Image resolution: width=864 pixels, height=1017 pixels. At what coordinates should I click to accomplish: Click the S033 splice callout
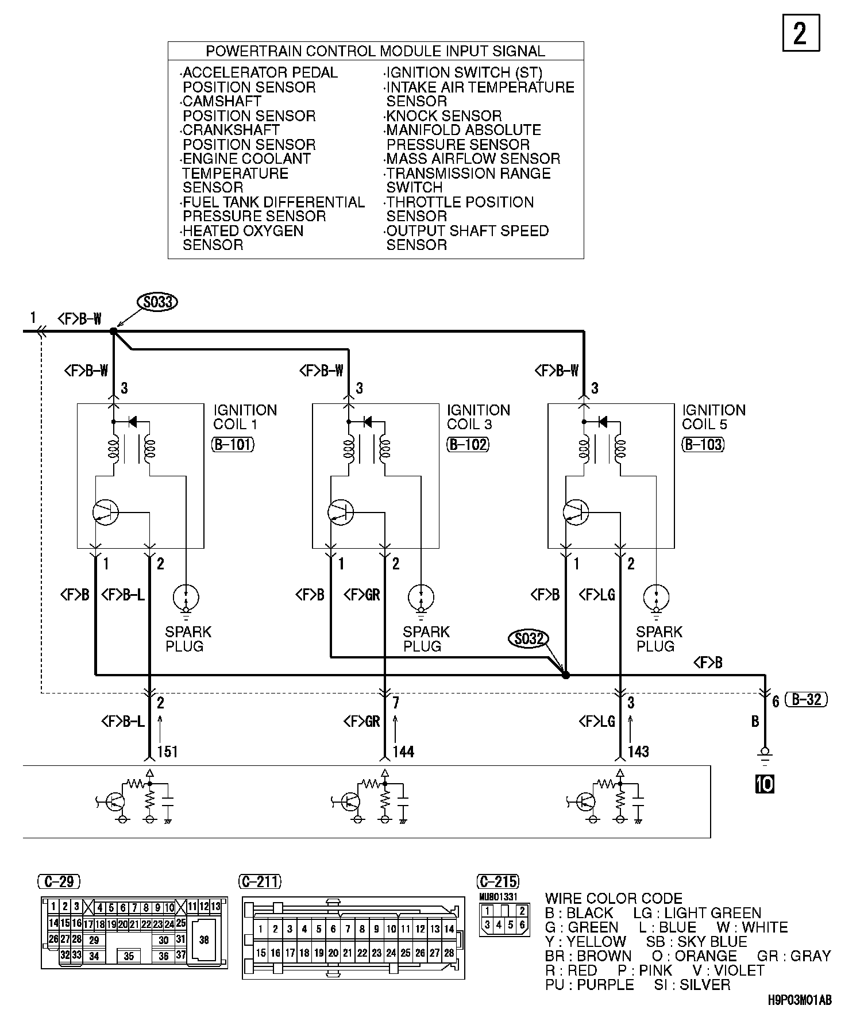point(157,302)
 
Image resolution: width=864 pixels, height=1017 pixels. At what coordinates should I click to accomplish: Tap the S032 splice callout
point(529,638)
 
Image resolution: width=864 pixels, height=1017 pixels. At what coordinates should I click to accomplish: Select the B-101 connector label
point(233,444)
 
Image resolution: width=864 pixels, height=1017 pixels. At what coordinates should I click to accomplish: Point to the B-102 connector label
point(468,444)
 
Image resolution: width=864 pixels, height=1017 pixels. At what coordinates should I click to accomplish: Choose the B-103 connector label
point(703,444)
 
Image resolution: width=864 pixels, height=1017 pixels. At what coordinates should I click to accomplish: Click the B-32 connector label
point(807,699)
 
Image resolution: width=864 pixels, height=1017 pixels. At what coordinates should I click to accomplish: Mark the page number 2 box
point(801,34)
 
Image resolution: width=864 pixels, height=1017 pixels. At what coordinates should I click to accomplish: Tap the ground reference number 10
point(765,784)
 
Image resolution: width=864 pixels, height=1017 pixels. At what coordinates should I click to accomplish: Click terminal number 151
point(167,752)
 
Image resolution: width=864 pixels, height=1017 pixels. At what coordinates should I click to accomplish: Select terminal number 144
point(403,752)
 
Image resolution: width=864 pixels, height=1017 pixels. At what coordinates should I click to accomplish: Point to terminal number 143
point(638,752)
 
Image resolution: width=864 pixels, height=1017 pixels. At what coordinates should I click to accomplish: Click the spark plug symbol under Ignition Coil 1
point(186,598)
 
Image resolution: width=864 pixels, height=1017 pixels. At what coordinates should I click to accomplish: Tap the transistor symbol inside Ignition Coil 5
point(576,511)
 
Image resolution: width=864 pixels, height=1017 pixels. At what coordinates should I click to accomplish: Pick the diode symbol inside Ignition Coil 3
point(368,422)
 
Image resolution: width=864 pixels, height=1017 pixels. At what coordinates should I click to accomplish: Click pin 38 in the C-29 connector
point(204,940)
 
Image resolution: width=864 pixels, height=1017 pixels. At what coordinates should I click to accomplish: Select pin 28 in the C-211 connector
point(449,953)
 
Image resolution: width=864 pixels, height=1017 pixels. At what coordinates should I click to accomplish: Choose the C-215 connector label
point(498,881)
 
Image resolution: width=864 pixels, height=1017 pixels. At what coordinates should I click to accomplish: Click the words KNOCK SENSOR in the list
point(444,116)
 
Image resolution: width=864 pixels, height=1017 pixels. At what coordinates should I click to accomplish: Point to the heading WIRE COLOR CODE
point(614,898)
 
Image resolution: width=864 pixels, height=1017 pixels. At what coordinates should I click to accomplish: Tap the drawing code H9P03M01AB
point(799,1000)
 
